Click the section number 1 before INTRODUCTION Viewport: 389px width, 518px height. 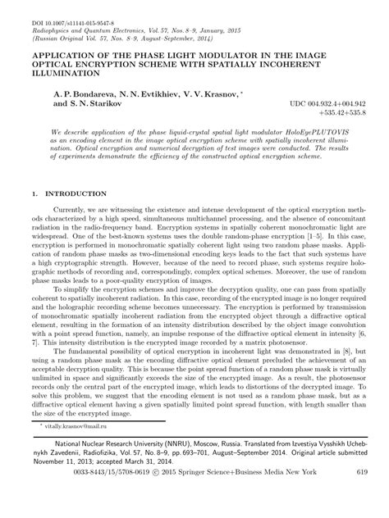tap(33, 194)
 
